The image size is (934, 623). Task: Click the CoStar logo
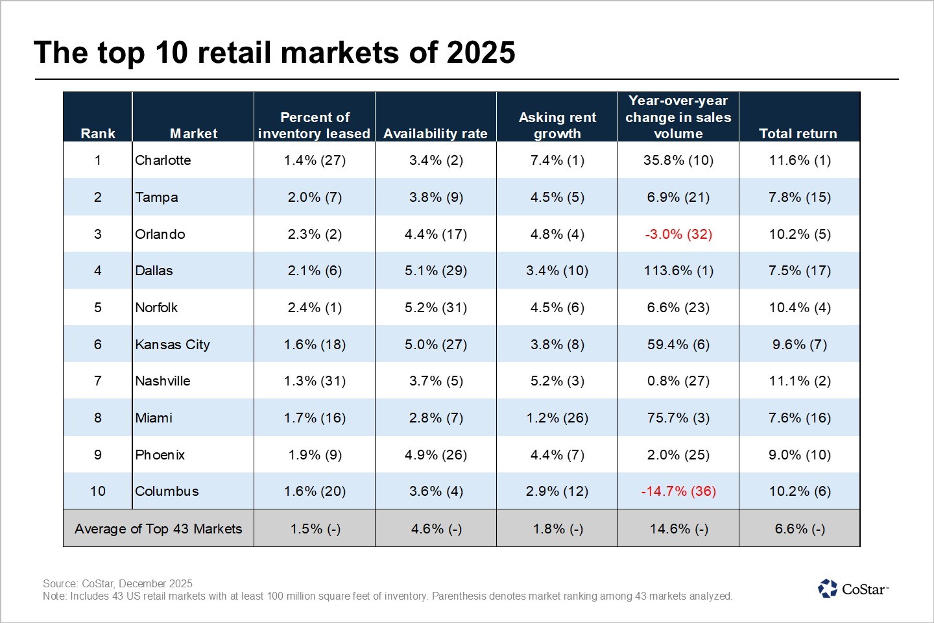click(852, 589)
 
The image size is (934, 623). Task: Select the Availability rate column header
click(435, 134)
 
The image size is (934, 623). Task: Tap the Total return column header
click(798, 134)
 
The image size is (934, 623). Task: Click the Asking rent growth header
click(557, 125)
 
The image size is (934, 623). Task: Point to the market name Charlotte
click(163, 160)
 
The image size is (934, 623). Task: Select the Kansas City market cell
click(173, 345)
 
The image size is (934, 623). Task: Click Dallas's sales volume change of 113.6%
click(678, 271)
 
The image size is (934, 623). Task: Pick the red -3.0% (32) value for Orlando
click(678, 234)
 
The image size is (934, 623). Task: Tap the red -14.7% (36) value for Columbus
click(678, 491)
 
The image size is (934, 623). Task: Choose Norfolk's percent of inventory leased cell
click(315, 308)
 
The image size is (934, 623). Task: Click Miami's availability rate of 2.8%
click(436, 418)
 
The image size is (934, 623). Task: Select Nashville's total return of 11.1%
click(800, 381)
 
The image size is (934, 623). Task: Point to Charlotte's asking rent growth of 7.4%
click(557, 160)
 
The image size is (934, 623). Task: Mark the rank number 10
click(98, 491)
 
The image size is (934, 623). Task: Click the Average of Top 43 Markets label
click(158, 529)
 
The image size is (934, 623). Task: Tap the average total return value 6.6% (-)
click(800, 529)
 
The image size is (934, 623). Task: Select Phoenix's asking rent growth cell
click(557, 455)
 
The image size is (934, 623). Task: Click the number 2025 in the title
click(481, 53)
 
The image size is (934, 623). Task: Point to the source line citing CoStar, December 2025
click(117, 583)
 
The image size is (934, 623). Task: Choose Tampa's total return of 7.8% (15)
click(800, 197)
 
